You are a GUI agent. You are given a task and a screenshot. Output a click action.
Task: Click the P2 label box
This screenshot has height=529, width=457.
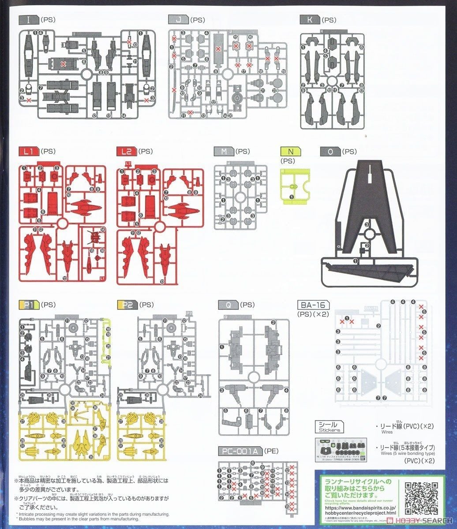click(x=127, y=305)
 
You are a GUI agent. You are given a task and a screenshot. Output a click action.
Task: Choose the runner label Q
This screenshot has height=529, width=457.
click(x=228, y=305)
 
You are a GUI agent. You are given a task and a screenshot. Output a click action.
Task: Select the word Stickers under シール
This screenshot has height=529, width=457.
click(x=330, y=430)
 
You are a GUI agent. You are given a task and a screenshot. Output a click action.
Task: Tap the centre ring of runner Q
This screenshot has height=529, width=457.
click(x=253, y=377)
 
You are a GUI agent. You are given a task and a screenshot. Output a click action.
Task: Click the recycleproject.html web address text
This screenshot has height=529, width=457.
click(x=360, y=513)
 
